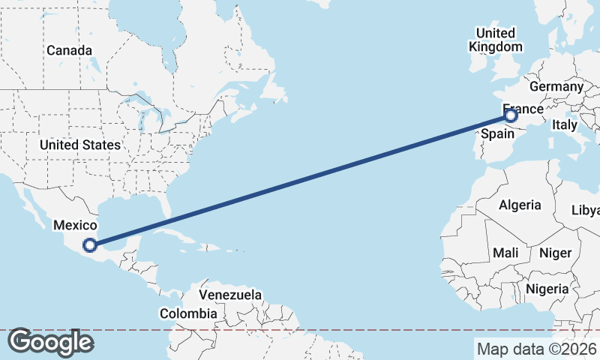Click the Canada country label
click(69, 50)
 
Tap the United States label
click(79, 145)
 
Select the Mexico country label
click(74, 225)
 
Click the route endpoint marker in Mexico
click(90, 244)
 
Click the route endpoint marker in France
click(511, 115)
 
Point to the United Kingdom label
click(496, 40)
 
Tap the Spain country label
click(497, 134)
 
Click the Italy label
click(564, 125)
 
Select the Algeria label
click(520, 205)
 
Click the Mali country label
click(506, 253)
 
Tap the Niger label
click(555, 253)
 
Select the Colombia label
click(188, 313)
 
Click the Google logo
click(49, 342)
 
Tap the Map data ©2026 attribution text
click(536, 349)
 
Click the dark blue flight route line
click(300, 180)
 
